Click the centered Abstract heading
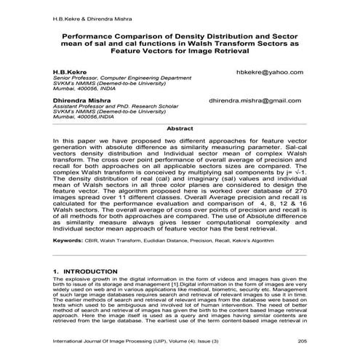(x=180, y=128)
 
